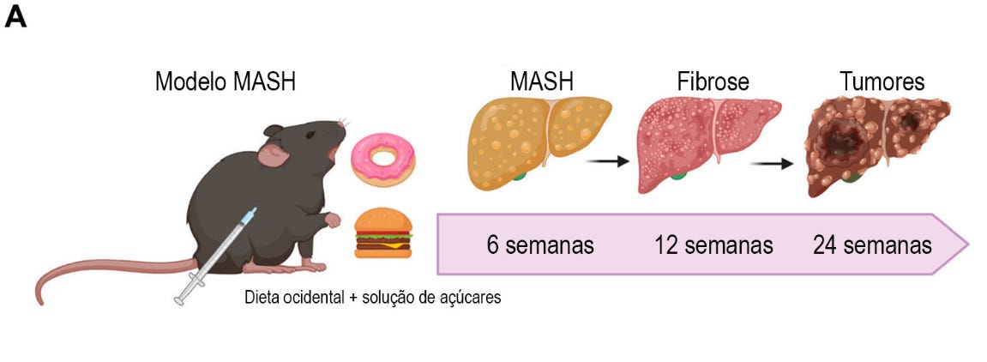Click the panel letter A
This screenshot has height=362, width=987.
(x=15, y=18)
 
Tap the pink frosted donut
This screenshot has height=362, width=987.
(x=383, y=159)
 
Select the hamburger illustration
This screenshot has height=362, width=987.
(x=383, y=233)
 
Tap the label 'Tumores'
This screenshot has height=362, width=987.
(x=882, y=82)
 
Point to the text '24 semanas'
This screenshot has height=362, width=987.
(x=872, y=245)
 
